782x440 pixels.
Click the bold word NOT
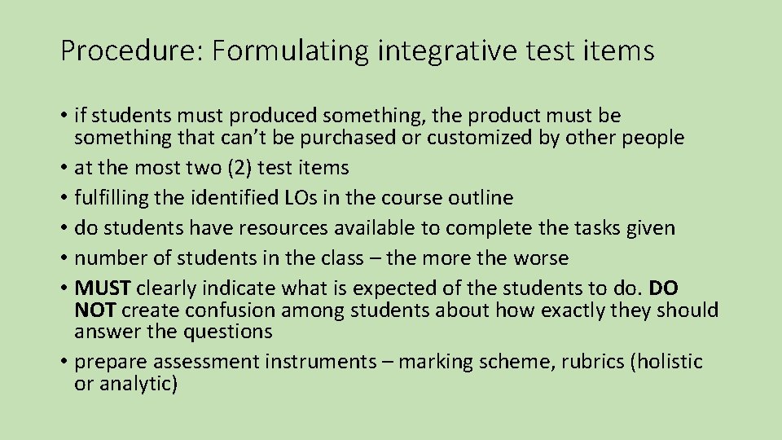point(94,310)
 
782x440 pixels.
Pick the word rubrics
point(591,362)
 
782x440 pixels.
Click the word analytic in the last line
point(137,384)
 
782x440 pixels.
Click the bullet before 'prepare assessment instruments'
point(64,362)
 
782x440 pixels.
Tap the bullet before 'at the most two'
point(64,169)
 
